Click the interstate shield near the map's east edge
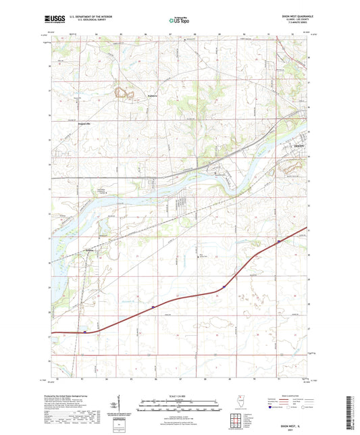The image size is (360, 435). click(x=278, y=240)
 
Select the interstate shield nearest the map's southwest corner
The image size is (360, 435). click(x=84, y=332)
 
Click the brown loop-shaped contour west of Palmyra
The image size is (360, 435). click(x=124, y=95)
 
